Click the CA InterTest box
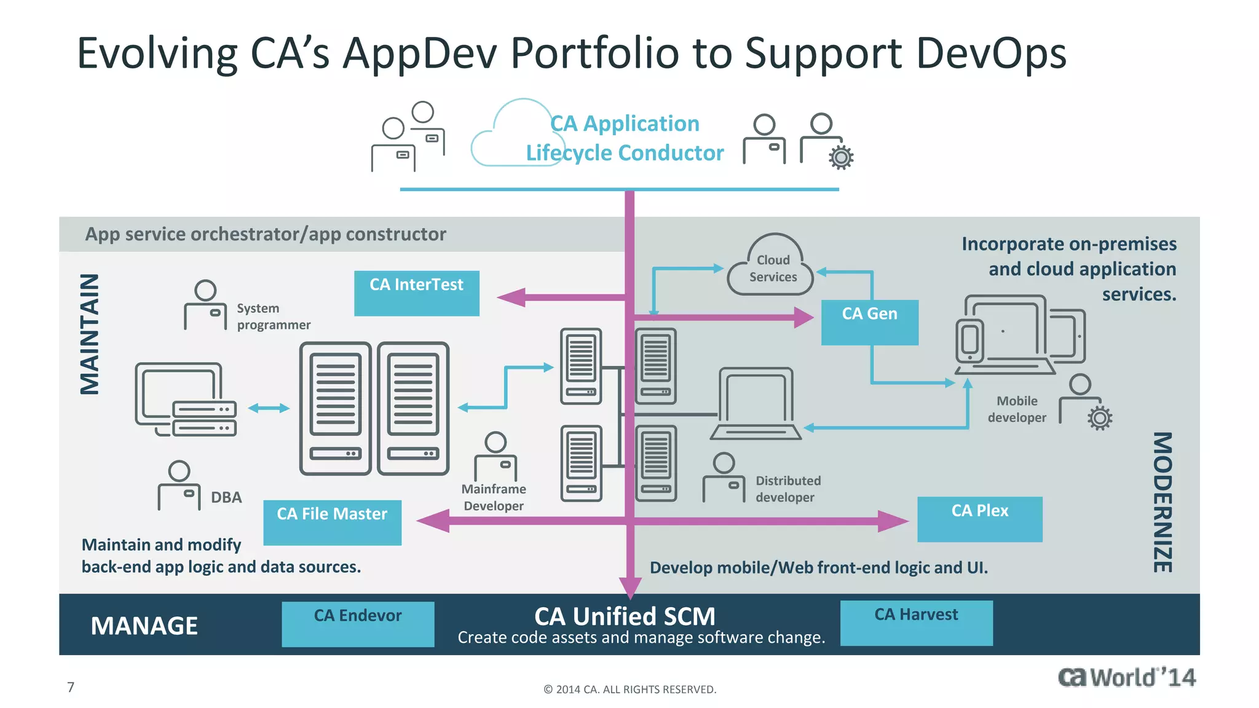[x=416, y=293]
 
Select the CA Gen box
[x=869, y=322]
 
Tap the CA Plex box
[x=979, y=519]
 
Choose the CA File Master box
[x=332, y=522]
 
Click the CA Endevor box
[x=358, y=624]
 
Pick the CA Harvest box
[x=916, y=623]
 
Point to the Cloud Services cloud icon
[x=772, y=267]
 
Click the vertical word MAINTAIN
[x=90, y=334]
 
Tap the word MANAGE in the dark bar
[x=144, y=626]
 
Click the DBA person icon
[x=179, y=486]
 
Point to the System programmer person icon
[x=205, y=305]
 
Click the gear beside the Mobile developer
[x=1100, y=418]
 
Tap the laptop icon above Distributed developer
[x=756, y=404]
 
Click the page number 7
[x=71, y=687]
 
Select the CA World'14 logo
[x=1126, y=677]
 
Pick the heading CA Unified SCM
[x=625, y=616]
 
